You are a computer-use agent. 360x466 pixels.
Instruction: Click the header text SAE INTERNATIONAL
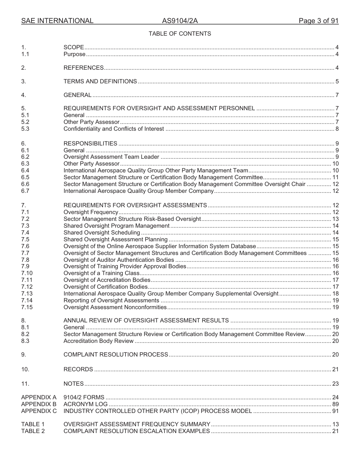57,21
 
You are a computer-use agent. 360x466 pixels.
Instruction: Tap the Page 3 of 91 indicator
318,21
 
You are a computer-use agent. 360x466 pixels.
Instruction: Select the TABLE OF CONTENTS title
180,34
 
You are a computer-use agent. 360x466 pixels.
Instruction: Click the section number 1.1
25,54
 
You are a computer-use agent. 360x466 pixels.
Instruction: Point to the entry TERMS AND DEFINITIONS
100,81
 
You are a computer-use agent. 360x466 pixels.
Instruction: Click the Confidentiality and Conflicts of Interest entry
114,129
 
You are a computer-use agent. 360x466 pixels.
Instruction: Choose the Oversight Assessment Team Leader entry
111,157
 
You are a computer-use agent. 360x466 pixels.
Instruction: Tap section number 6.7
25,191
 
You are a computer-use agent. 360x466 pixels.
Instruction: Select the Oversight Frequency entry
91,212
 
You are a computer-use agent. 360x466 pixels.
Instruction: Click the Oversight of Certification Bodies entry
106,287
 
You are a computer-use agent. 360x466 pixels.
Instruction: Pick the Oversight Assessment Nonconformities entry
115,307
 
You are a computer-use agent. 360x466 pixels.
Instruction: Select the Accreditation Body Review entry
99,341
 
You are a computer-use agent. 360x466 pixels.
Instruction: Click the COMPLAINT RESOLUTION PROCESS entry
116,355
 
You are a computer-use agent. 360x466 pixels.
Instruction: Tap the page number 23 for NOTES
335,384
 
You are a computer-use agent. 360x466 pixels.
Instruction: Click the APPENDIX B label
39,404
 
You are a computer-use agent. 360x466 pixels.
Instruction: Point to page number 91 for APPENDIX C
335,411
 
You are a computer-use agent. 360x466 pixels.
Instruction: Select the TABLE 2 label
33,431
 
